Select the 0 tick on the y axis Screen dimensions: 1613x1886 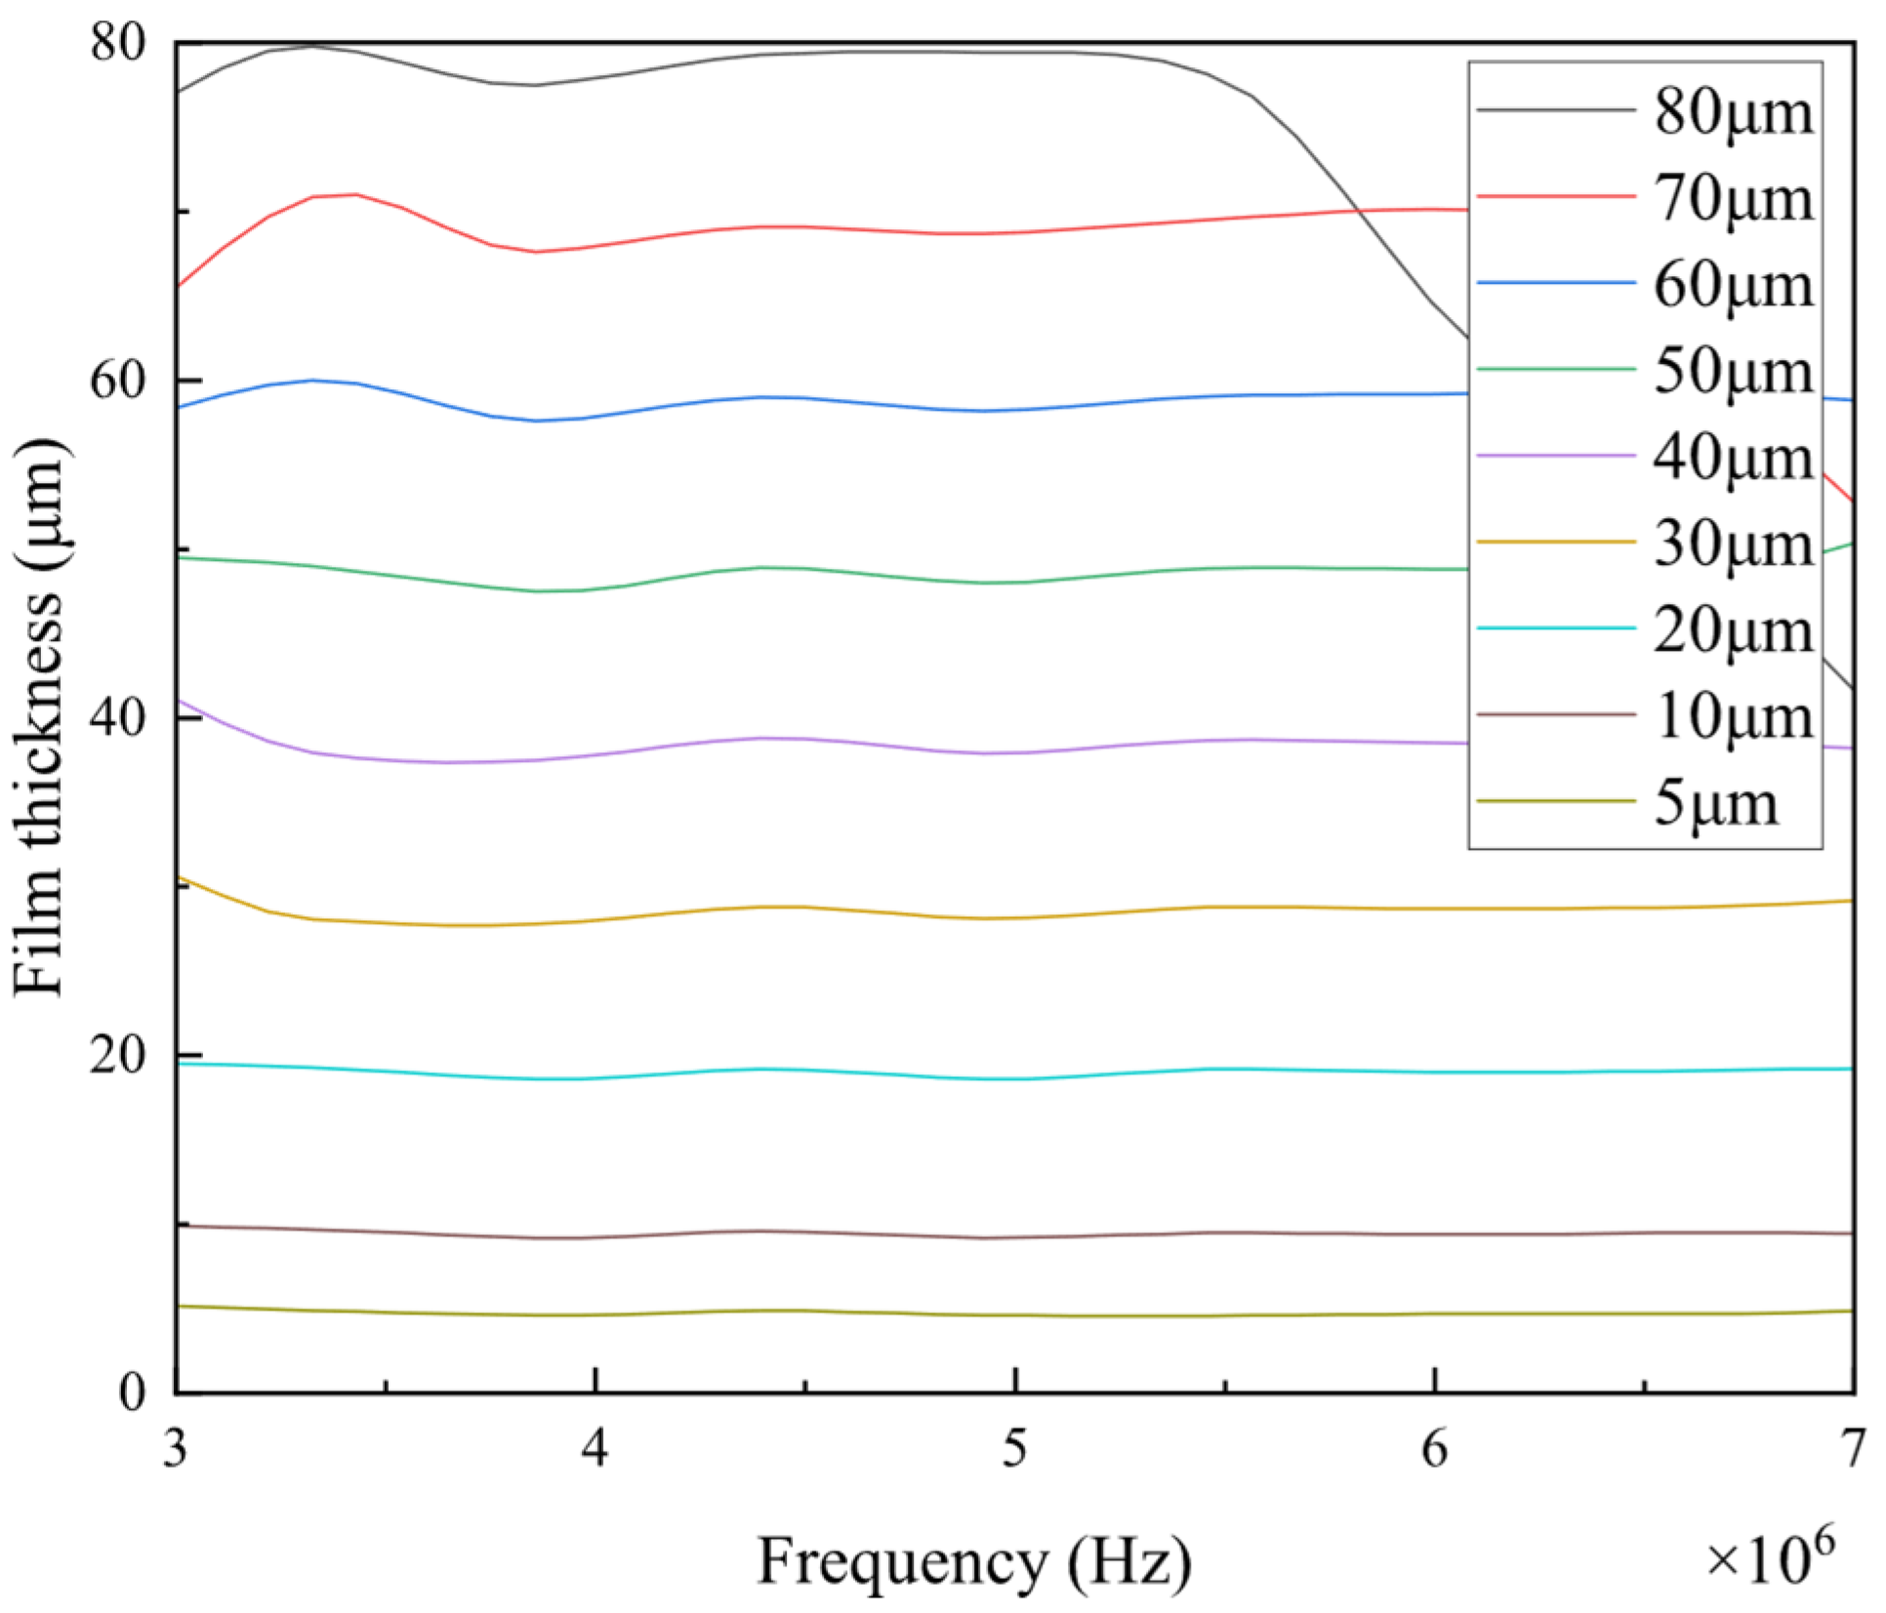[x=133, y=1392]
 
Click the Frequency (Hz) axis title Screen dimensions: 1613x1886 [x=973, y=1561]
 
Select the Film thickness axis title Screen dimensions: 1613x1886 [x=39, y=717]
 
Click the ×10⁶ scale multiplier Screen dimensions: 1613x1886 [x=1769, y=1557]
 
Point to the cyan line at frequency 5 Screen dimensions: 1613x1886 [x=1015, y=1078]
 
